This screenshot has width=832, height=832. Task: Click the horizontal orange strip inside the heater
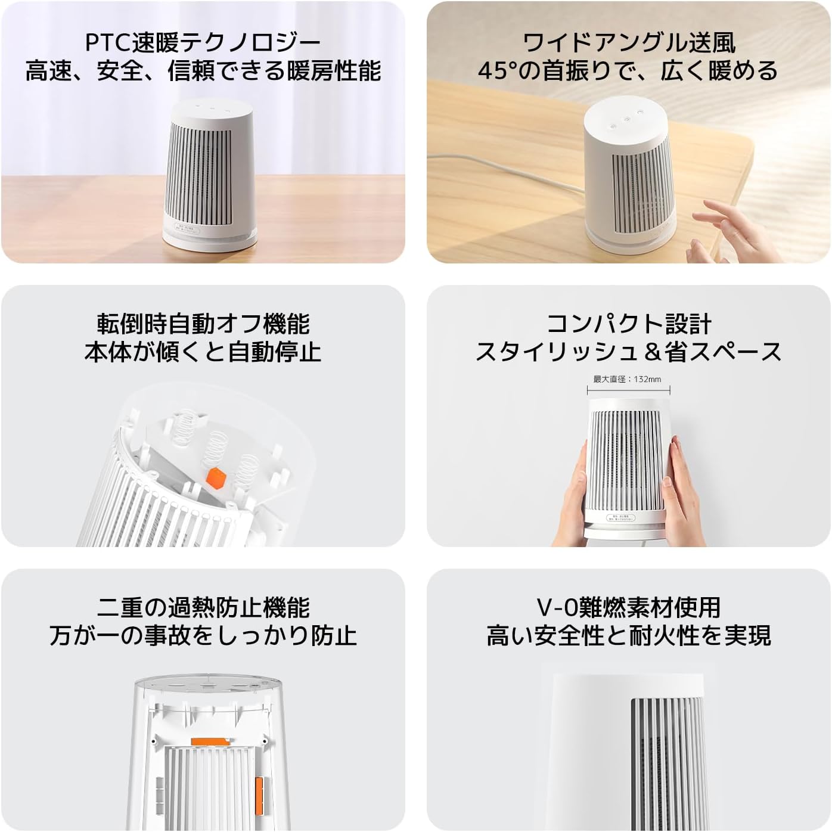coord(211,741)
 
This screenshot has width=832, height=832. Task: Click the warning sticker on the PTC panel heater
coord(186,228)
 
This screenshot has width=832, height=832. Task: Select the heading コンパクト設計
coord(629,324)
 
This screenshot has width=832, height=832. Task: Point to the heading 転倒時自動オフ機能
coord(203,324)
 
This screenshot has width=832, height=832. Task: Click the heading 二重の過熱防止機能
coord(203,608)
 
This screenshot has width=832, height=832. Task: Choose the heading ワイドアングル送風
coord(629,43)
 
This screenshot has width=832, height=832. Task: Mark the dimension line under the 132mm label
coord(629,390)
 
